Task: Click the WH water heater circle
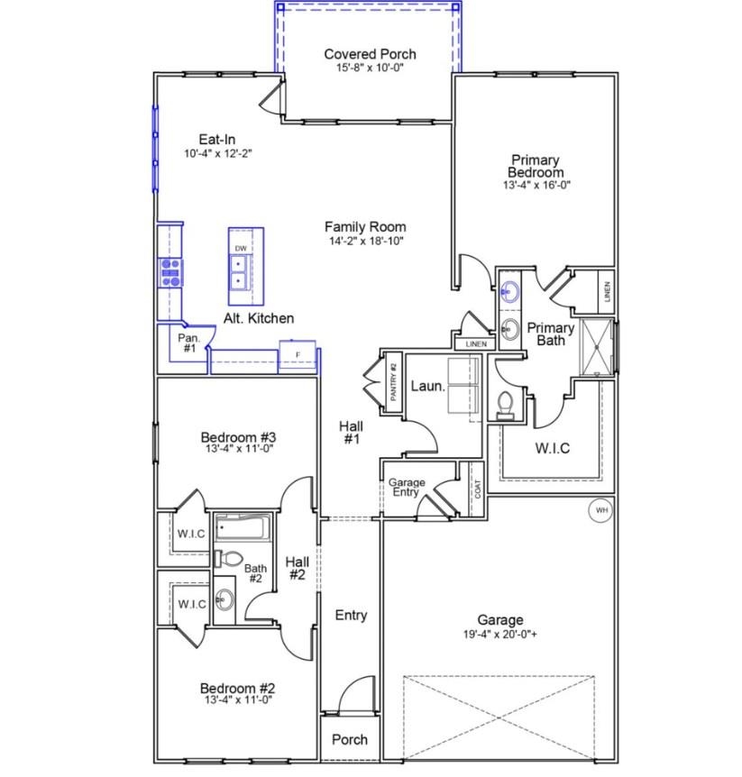pyautogui.click(x=600, y=510)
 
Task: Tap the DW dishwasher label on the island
pyautogui.click(x=241, y=248)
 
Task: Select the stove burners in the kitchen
pyautogui.click(x=170, y=272)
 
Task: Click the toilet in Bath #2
pyautogui.click(x=228, y=558)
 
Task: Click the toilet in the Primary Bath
pyautogui.click(x=505, y=406)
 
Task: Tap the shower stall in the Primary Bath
pyautogui.click(x=597, y=347)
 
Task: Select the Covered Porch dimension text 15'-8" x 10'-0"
pyautogui.click(x=370, y=68)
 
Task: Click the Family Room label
pyautogui.click(x=365, y=227)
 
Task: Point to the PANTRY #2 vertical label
pyautogui.click(x=394, y=381)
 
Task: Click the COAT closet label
pyautogui.click(x=477, y=489)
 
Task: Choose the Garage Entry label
pyautogui.click(x=407, y=487)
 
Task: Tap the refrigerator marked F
pyautogui.click(x=298, y=355)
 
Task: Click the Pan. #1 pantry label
pyautogui.click(x=188, y=343)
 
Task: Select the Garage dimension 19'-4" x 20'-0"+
pyautogui.click(x=500, y=635)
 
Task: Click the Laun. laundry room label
pyautogui.click(x=427, y=386)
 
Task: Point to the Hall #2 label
pyautogui.click(x=298, y=569)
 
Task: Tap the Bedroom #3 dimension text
pyautogui.click(x=239, y=449)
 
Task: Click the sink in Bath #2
pyautogui.click(x=224, y=599)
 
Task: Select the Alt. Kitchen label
pyautogui.click(x=259, y=318)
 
